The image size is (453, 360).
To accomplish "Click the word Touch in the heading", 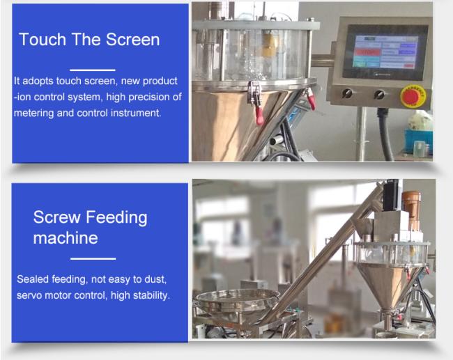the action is click(43, 39).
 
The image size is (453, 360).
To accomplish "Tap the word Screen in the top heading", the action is click(132, 39).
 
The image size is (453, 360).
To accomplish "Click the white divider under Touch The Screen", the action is click(93, 70).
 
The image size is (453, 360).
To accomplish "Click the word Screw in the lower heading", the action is click(56, 217).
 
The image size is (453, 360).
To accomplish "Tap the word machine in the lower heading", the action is click(66, 238).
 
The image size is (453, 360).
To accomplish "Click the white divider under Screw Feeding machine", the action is click(93, 258).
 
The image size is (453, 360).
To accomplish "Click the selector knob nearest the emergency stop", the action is click(379, 94).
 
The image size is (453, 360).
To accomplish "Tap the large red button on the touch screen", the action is click(367, 52).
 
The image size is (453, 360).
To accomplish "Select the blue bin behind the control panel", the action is click(418, 141).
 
